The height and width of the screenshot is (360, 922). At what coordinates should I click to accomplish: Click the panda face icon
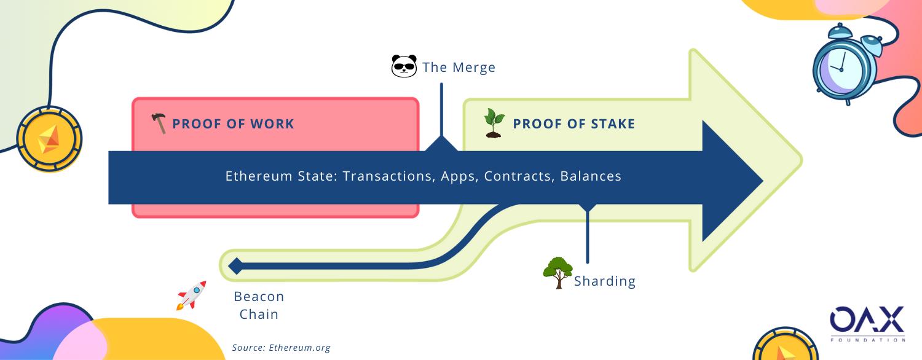[x=404, y=66]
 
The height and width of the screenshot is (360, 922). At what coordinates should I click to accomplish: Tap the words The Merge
[x=459, y=67]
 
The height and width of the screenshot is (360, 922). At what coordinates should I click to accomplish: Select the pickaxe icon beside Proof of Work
[x=159, y=123]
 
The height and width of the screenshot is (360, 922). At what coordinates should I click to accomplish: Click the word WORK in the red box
[x=272, y=124]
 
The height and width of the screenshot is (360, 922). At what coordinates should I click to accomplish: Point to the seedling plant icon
[x=494, y=123]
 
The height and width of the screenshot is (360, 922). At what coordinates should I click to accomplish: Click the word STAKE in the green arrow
[x=613, y=124]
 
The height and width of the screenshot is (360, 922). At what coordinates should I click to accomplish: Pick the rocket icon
[x=191, y=295]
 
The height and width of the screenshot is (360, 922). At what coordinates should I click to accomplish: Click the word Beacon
[x=259, y=296]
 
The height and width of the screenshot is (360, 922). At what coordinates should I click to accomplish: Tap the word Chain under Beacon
[x=259, y=315]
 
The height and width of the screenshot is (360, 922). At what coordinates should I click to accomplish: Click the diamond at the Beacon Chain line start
[x=236, y=266]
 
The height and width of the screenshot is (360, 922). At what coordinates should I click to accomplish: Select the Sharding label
[x=605, y=281]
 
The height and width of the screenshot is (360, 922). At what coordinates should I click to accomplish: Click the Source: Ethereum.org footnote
[x=281, y=348]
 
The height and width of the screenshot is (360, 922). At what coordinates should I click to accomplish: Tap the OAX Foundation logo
[x=867, y=324]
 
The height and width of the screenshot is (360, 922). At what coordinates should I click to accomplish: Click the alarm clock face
[x=841, y=69]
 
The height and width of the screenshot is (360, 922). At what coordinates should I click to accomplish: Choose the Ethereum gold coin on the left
[x=49, y=139]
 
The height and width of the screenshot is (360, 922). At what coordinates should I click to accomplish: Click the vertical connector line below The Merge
[x=441, y=109]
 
